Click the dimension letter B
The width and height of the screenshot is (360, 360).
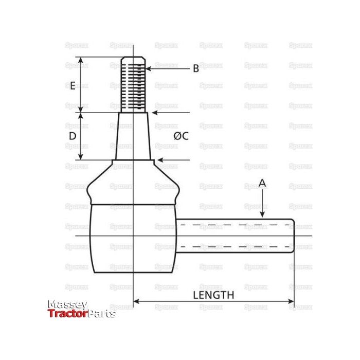point(195,68)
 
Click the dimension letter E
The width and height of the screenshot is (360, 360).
point(73,85)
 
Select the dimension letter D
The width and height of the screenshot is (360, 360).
point(73,136)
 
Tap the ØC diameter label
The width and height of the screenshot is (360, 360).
point(181,136)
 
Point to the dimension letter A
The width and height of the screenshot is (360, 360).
point(262,183)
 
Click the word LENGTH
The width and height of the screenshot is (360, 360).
point(213,295)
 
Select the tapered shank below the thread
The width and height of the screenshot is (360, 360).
point(133,136)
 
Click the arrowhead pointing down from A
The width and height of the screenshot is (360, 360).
point(262,215)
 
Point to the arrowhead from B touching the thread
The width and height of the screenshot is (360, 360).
point(149,68)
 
